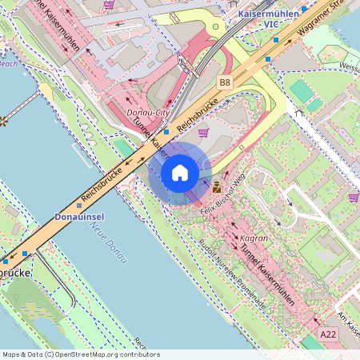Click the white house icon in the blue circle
pos(180,173)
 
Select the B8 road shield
pos(225,81)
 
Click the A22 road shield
pos(328,334)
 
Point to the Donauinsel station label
pos(78,217)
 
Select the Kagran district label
pos(253,238)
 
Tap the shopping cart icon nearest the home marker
pos(203,133)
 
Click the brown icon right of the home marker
pos(217,187)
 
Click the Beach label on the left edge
pos(8,63)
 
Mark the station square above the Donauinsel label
pos(78,206)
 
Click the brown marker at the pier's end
pos(2,122)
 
